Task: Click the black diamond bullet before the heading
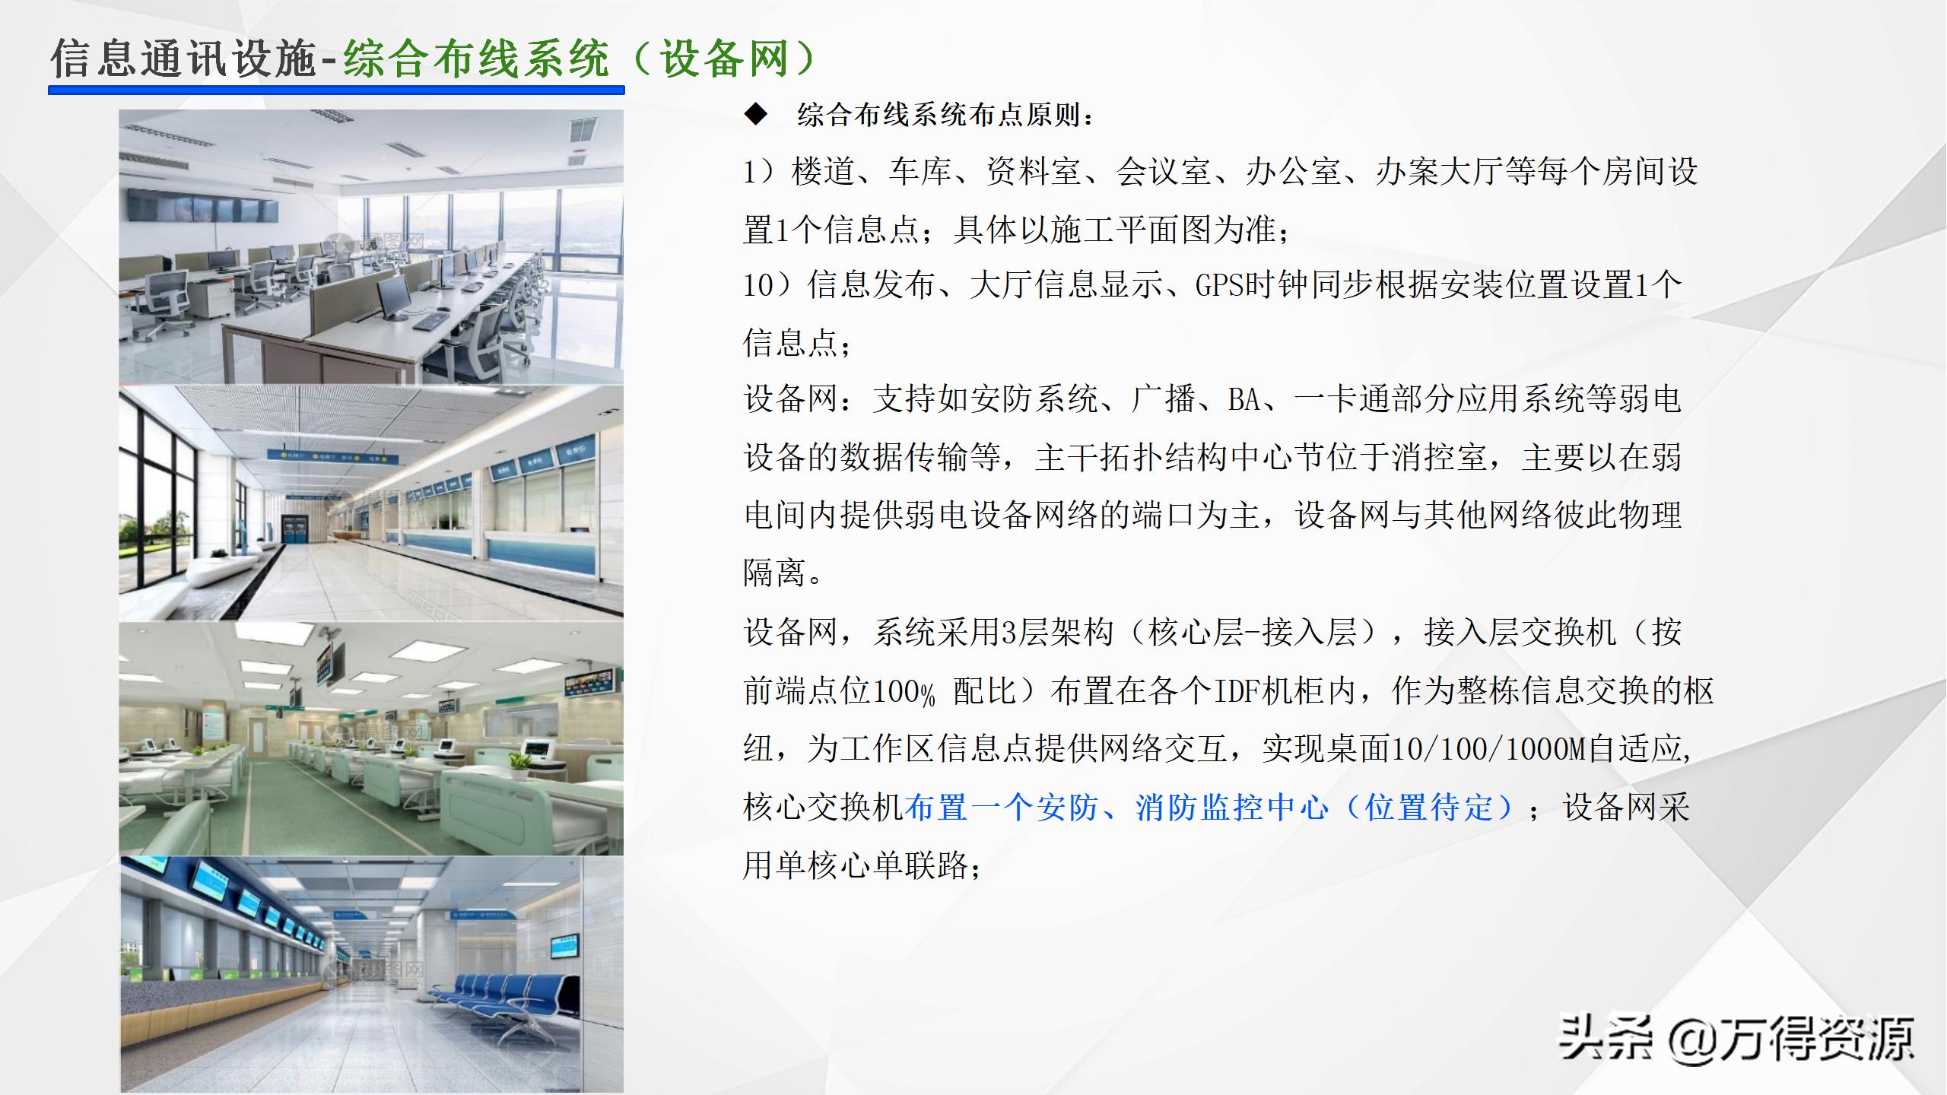(x=756, y=115)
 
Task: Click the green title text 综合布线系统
(x=476, y=59)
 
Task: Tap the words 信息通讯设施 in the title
(x=183, y=59)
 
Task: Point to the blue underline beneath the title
(x=336, y=90)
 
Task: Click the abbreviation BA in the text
(x=1245, y=399)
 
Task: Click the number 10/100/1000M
(x=1488, y=749)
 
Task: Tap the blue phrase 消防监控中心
(x=1232, y=808)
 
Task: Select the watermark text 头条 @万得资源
(x=1736, y=1038)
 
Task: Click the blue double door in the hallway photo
(x=294, y=527)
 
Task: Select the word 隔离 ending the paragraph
(x=774, y=573)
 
